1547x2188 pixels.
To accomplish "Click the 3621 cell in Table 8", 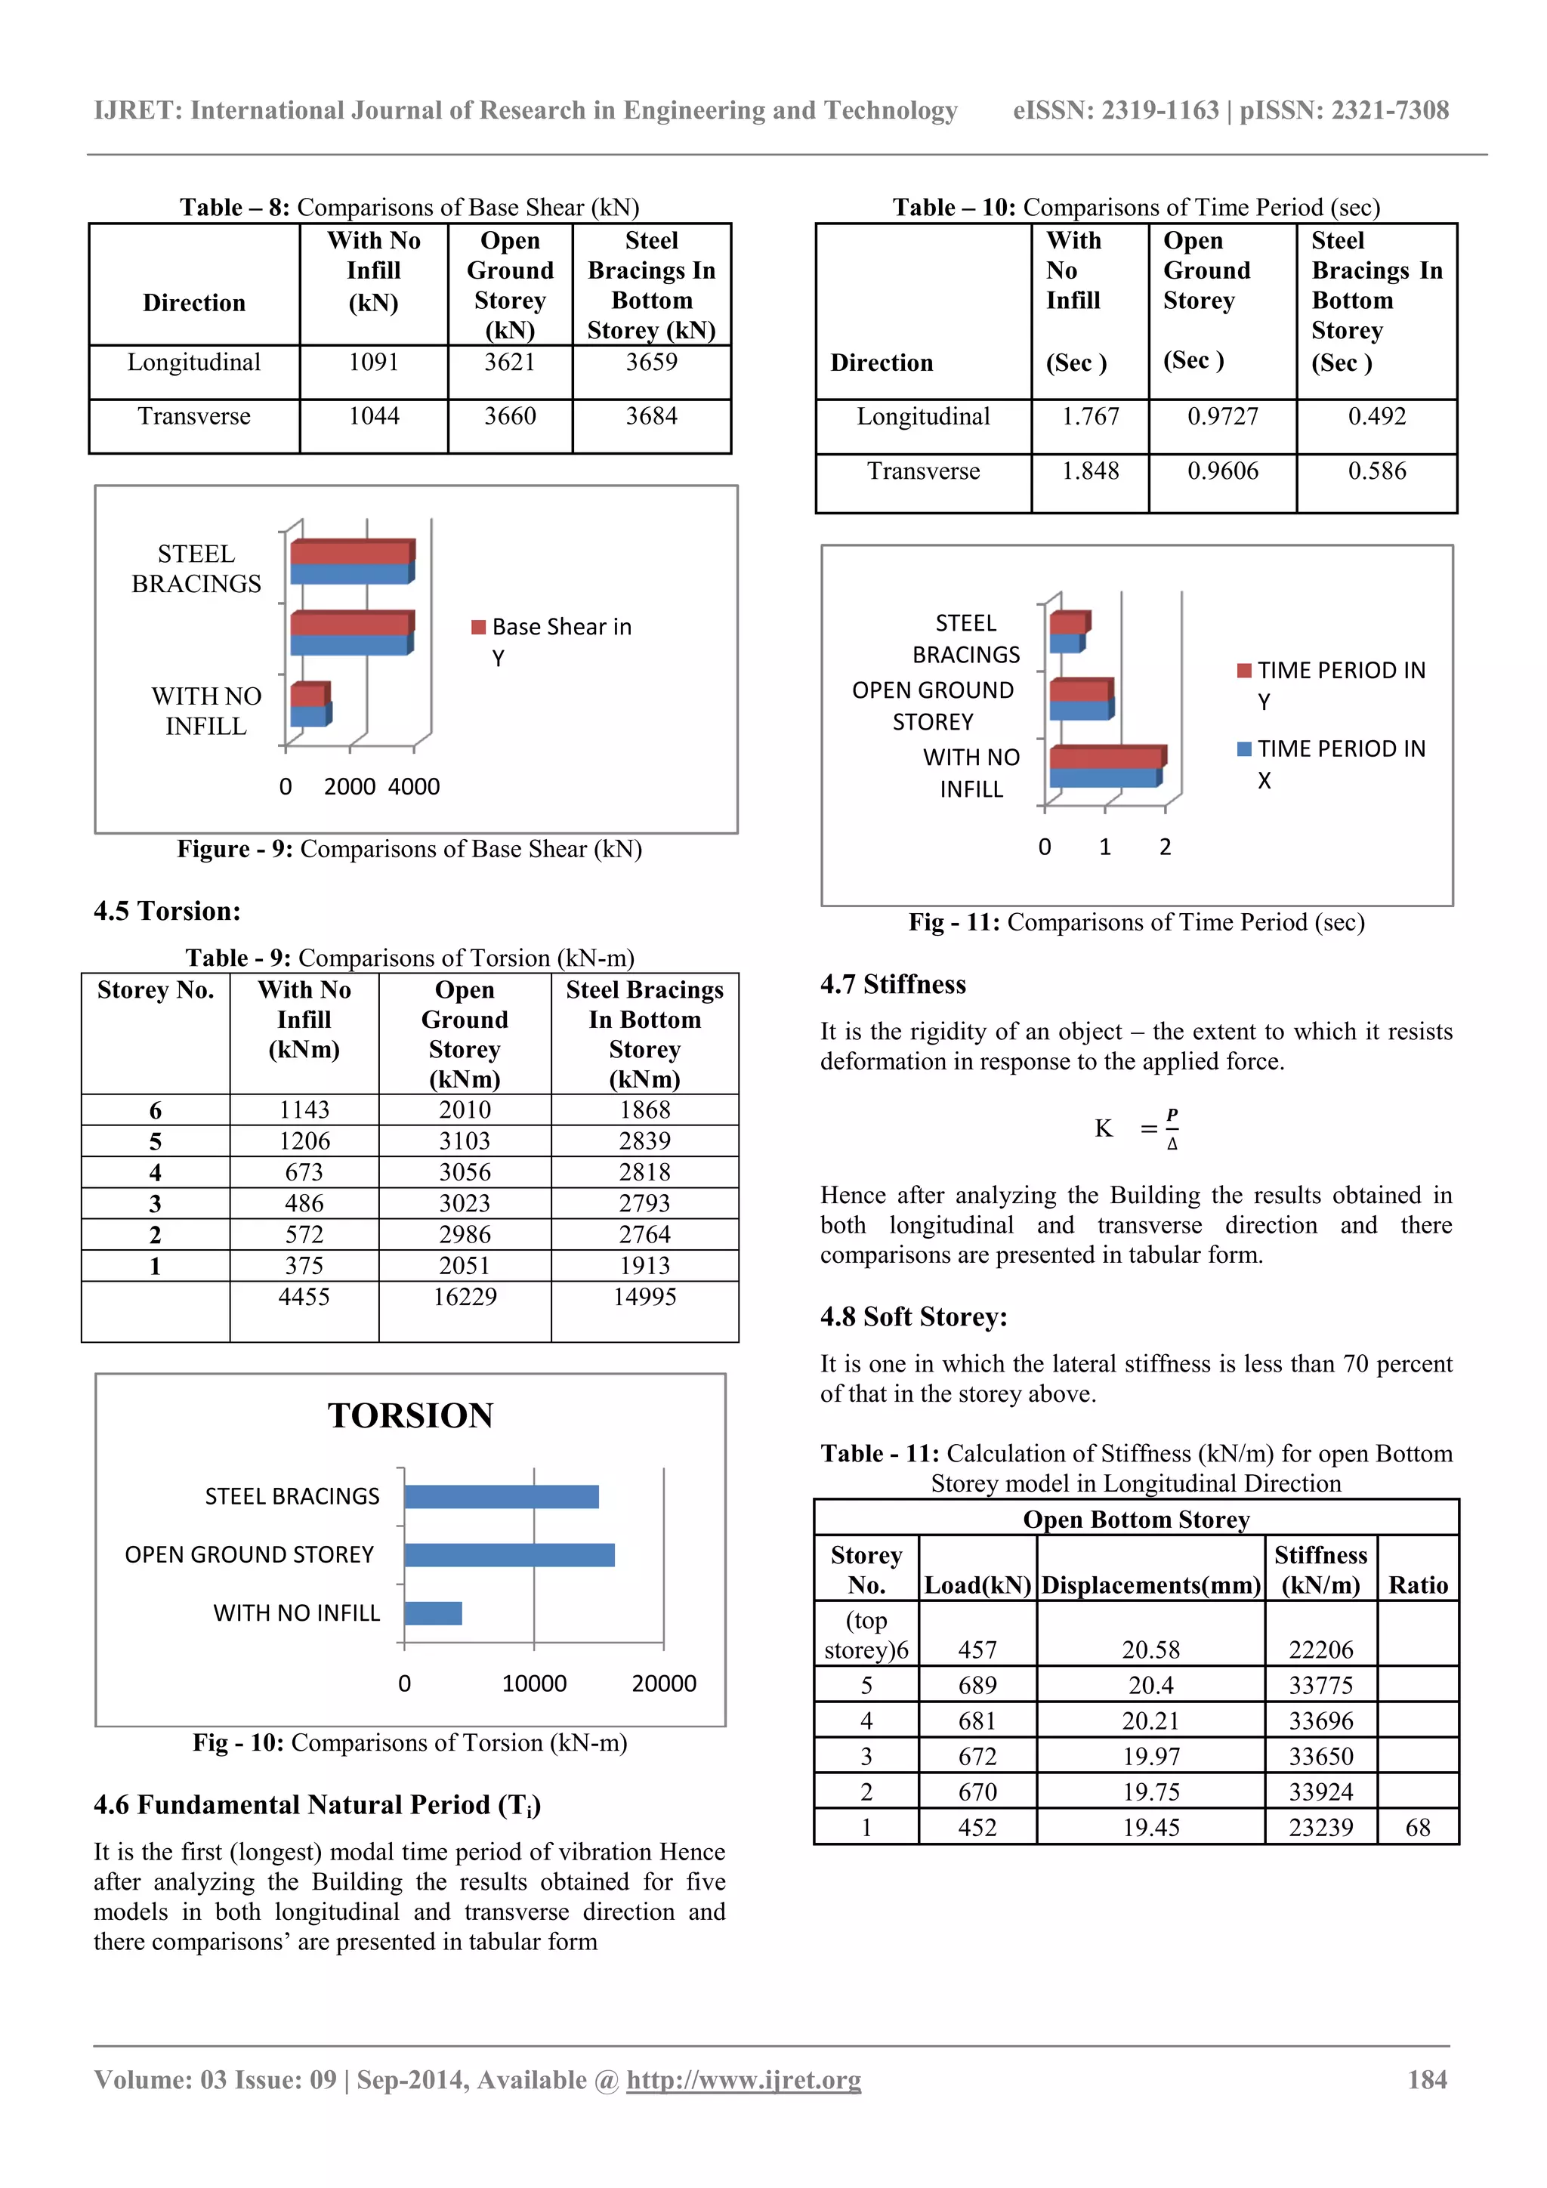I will coord(510,363).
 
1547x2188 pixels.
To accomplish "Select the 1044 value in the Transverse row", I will coord(374,416).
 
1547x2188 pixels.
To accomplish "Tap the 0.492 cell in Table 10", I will coord(1376,416).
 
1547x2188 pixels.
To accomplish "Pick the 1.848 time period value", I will coord(1091,471).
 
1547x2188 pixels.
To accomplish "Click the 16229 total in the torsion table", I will coord(465,1297).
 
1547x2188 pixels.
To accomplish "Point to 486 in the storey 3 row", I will coord(304,1204).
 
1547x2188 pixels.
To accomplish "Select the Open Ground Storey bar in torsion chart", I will coord(509,1555).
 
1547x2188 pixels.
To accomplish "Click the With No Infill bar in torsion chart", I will coord(433,1613).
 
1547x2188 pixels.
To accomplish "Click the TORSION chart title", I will coord(411,1416).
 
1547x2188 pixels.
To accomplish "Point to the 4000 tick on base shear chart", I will coord(414,787).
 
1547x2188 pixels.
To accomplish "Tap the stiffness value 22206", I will coord(1320,1649).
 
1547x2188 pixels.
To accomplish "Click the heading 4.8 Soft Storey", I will coord(913,1317).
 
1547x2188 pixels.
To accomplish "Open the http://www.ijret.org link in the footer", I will coord(743,2079).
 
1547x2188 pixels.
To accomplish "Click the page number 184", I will coord(1427,2079).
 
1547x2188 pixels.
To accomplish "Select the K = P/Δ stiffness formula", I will coord(1136,1129).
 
